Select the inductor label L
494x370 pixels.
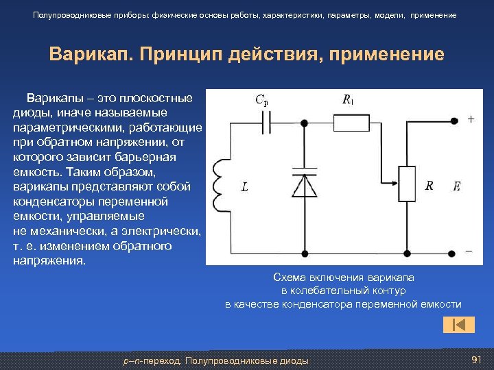pos(245,186)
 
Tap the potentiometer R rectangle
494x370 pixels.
pos(408,184)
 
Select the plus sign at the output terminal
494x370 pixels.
pos(471,119)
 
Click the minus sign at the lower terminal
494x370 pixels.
pos(469,251)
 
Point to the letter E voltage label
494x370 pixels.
pos(456,186)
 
